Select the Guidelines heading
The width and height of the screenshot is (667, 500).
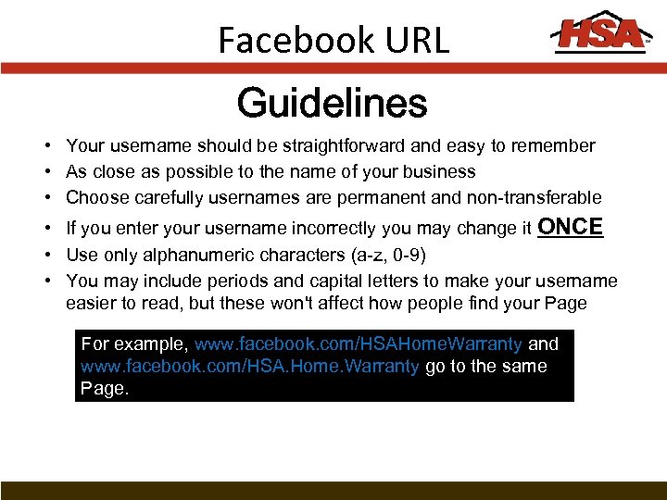[332, 104]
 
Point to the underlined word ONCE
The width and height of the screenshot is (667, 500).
[570, 227]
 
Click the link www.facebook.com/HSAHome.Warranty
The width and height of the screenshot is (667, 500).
[359, 344]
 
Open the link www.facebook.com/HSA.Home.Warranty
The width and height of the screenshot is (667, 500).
[250, 366]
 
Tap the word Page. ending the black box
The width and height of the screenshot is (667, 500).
[105, 388]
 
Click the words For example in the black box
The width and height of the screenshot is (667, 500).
[135, 344]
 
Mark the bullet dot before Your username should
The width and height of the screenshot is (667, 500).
[45, 146]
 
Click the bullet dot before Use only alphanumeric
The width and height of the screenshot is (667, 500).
[45, 256]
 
